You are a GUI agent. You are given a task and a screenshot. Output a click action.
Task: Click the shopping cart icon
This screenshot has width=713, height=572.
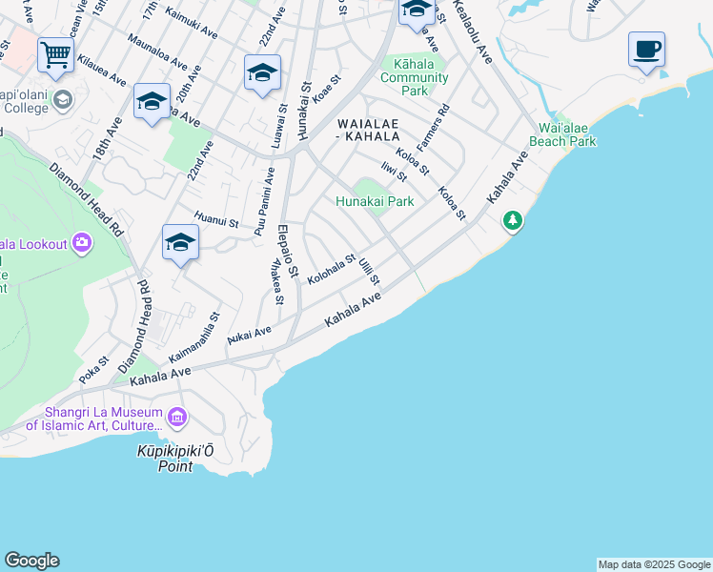pyautogui.click(x=56, y=54)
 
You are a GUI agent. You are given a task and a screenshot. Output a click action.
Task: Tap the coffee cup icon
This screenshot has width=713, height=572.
pyautogui.click(x=646, y=49)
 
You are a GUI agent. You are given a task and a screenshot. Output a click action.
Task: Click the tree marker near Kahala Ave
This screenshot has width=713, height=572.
pyautogui.click(x=513, y=221)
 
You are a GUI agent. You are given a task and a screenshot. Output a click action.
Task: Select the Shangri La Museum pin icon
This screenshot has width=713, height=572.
pyautogui.click(x=176, y=417)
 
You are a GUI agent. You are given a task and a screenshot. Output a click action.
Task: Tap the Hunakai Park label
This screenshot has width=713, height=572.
pyautogui.click(x=375, y=201)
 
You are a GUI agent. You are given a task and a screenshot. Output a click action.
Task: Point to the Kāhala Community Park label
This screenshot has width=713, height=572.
pyautogui.click(x=415, y=77)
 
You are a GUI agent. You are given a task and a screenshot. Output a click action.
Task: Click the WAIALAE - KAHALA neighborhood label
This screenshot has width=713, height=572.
pyautogui.click(x=375, y=131)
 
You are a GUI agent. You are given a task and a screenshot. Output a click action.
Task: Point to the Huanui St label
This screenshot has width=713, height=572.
pyautogui.click(x=215, y=222)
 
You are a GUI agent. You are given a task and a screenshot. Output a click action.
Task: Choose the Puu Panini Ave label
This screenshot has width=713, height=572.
pyautogui.click(x=264, y=200)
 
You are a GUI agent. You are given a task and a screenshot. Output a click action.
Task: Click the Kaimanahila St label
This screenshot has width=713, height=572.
pyautogui.click(x=194, y=336)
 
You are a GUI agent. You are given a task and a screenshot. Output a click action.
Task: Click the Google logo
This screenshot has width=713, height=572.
pyautogui.click(x=31, y=561)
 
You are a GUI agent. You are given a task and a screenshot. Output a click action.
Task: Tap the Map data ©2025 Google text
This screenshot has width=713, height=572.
pyautogui.click(x=654, y=564)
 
